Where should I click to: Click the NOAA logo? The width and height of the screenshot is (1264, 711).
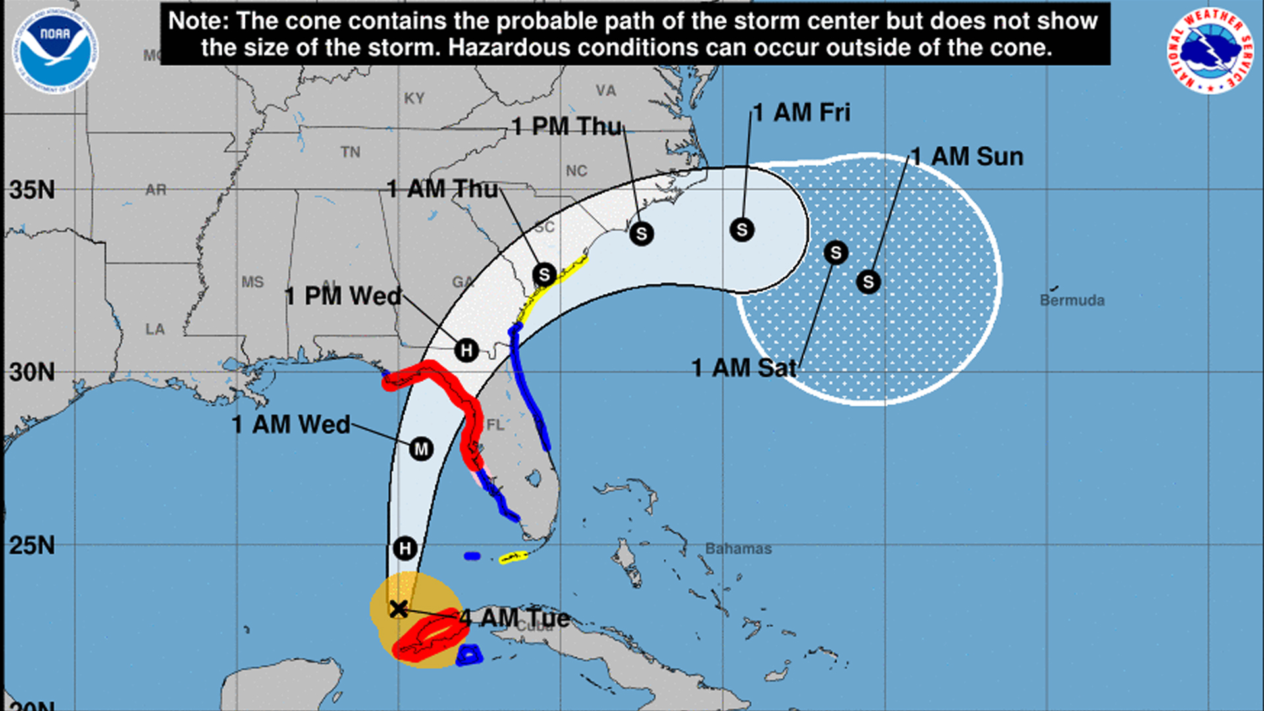pos(55,50)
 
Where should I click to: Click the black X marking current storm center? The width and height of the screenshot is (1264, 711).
pos(398,609)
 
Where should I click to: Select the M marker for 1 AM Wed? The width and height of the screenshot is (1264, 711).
pos(421,450)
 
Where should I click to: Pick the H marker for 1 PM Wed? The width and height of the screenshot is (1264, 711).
pos(466,350)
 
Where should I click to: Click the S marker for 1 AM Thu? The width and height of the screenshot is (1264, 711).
pos(544,275)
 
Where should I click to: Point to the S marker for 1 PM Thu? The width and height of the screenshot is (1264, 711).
pos(641,234)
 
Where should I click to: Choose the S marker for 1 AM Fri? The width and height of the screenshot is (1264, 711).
pos(742,230)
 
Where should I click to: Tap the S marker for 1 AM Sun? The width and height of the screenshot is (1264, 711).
pos(868,282)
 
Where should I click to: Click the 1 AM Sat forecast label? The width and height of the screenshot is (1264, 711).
pos(744,367)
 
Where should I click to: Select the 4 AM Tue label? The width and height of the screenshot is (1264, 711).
pos(515,618)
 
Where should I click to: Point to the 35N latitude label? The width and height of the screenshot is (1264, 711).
pos(32,190)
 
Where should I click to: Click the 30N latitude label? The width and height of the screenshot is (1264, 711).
pos(32,372)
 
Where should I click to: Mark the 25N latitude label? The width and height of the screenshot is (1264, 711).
pos(32,546)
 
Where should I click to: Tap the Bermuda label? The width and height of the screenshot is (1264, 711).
pos(1072,300)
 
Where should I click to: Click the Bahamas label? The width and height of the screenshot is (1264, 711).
pos(738,548)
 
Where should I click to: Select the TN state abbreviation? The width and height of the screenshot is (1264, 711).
pos(350,152)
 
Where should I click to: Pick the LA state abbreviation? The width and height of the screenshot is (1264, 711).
pos(155,329)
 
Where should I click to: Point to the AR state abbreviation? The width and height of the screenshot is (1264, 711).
pos(156,190)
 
